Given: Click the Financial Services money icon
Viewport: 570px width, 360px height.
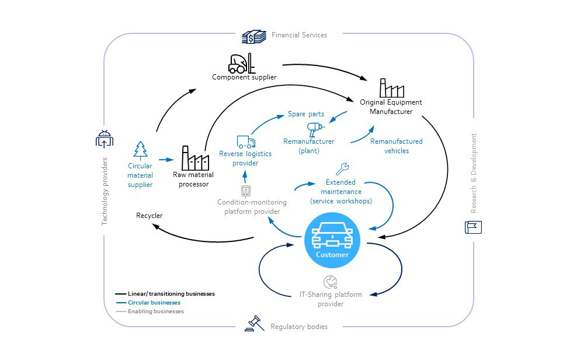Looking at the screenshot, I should pos(255,36).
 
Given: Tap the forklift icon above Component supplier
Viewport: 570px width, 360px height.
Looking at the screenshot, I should pos(241,63).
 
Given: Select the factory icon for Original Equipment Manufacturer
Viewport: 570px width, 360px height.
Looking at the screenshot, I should pos(391,88).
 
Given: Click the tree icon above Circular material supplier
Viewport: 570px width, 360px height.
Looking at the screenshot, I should pos(140,150).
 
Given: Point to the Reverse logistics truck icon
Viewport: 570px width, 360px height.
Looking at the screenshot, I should pos(246,141).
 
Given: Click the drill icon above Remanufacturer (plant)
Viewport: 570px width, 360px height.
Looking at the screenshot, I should pos(314,129).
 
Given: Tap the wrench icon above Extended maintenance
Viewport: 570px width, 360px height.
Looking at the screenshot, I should pos(342,169).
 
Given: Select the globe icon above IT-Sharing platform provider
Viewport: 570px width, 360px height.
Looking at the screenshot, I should pos(331,282).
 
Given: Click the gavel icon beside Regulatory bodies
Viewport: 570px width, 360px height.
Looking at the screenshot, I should pos(254,323).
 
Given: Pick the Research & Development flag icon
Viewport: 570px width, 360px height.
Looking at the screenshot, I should pos(473,227).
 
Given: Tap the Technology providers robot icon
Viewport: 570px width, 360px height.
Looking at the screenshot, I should pos(104,139).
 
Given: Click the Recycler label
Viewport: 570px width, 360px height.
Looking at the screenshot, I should pos(149,216).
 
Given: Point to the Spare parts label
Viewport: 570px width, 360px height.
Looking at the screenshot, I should pos(305,114).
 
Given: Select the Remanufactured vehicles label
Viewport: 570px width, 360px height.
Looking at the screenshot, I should pos(397,146).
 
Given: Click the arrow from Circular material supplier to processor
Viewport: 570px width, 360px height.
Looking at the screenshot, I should pos(166,159).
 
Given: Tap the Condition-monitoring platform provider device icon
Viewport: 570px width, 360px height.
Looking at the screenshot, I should pos(246,191).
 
